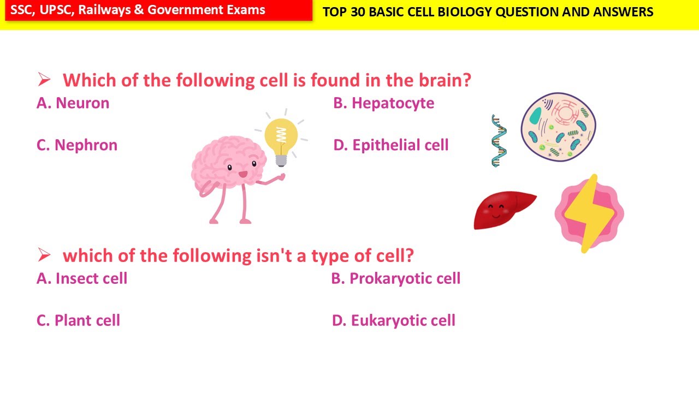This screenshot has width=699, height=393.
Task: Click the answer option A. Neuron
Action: [x=73, y=103]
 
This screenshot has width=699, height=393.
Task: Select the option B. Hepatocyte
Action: [x=383, y=103]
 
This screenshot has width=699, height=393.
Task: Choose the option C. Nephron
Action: [x=77, y=145]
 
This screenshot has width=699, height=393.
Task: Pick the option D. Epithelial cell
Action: [x=390, y=145]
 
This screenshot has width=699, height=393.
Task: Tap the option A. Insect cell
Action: [x=82, y=278]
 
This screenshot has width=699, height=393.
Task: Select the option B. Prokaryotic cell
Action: [x=395, y=278]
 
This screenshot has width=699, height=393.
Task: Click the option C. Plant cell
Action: [x=78, y=320]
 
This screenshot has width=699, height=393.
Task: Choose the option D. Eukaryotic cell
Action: [x=393, y=320]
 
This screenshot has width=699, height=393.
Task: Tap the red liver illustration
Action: [x=503, y=210]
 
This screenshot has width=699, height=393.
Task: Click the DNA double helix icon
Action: [x=499, y=140]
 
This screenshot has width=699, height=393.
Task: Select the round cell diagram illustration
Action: [x=558, y=127]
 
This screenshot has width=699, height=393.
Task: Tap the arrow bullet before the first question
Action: [x=44, y=80]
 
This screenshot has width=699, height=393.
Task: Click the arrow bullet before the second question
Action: [x=44, y=255]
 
